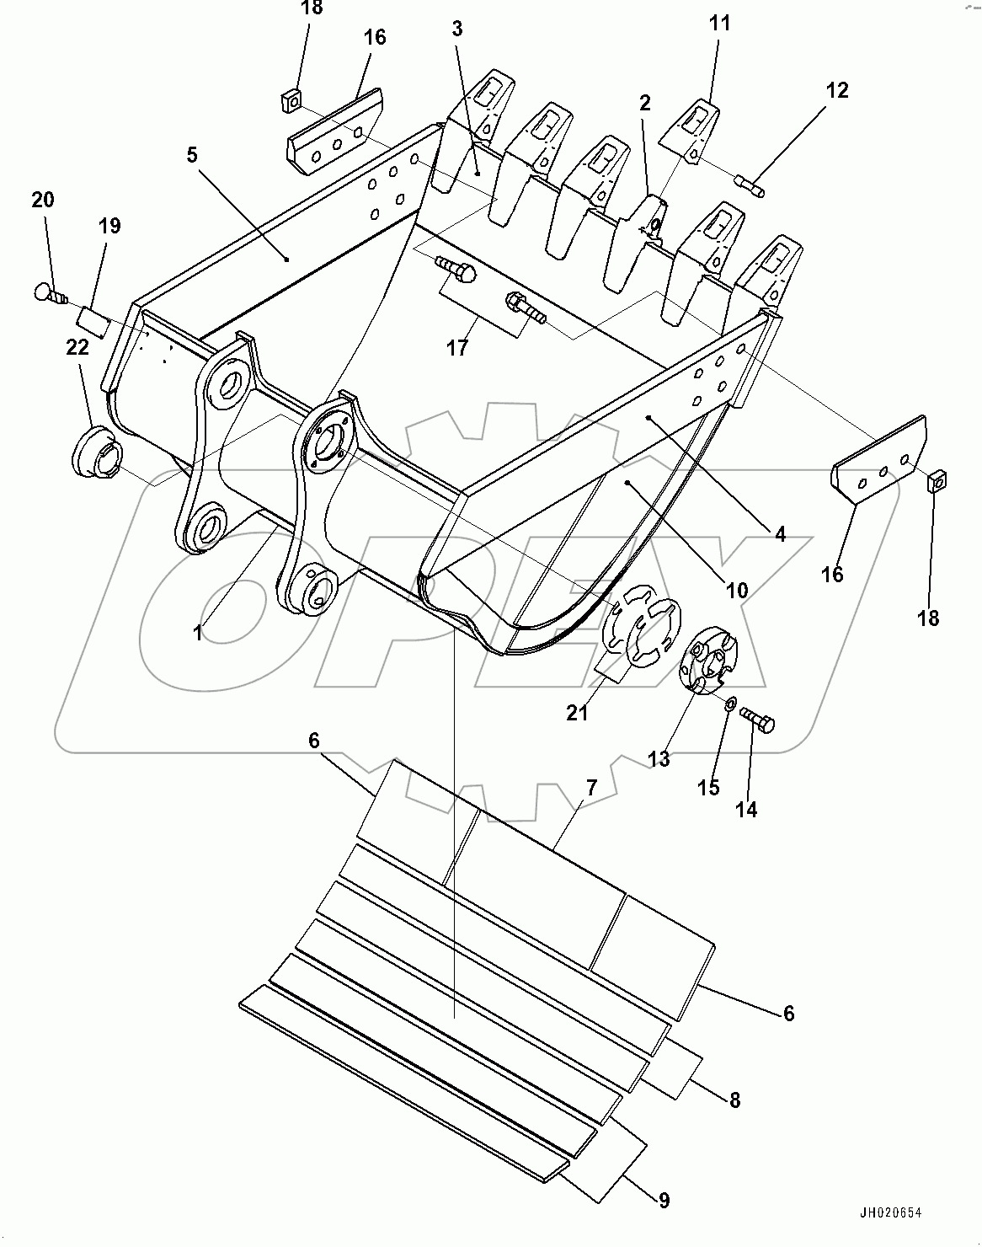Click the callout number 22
click(77, 348)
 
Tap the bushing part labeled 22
click(98, 451)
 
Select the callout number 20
click(43, 200)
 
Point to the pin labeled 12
click(749, 185)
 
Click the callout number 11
click(719, 23)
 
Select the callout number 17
click(457, 346)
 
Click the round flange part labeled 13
click(707, 661)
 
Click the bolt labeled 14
click(757, 720)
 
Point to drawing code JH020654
click(890, 1213)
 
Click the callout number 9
click(664, 1201)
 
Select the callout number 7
click(591, 788)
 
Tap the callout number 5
click(192, 155)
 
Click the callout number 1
click(198, 633)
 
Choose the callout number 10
click(736, 591)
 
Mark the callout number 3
click(457, 29)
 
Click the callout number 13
click(659, 758)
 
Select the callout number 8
click(734, 1100)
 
